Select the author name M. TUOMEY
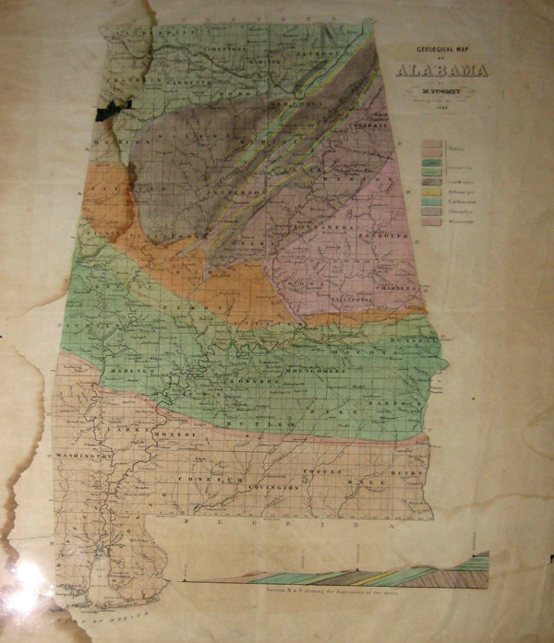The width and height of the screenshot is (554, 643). coord(442,89)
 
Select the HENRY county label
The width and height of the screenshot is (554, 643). coord(404,472)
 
